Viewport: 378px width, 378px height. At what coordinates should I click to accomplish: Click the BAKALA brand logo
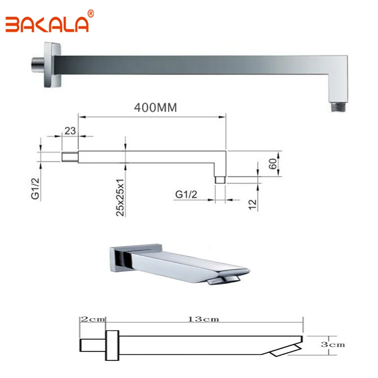pyautogui.click(x=47, y=25)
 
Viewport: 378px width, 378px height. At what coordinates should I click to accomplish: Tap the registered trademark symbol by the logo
pyautogui.click(x=91, y=14)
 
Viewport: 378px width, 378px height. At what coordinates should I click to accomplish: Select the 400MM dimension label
pyautogui.click(x=155, y=108)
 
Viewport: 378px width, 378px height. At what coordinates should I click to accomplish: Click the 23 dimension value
pyautogui.click(x=70, y=131)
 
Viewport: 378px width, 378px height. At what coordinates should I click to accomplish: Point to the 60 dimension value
pyautogui.click(x=273, y=164)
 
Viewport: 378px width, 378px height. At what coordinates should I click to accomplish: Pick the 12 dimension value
pyautogui.click(x=252, y=205)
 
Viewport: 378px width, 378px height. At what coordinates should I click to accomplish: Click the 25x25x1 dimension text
pyautogui.click(x=120, y=198)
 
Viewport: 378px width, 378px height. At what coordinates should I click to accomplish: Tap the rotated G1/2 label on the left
pyautogui.click(x=35, y=189)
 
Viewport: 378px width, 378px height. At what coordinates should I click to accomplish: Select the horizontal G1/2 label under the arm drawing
pyautogui.click(x=186, y=194)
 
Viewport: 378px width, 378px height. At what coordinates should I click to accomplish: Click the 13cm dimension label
pyautogui.click(x=204, y=319)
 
